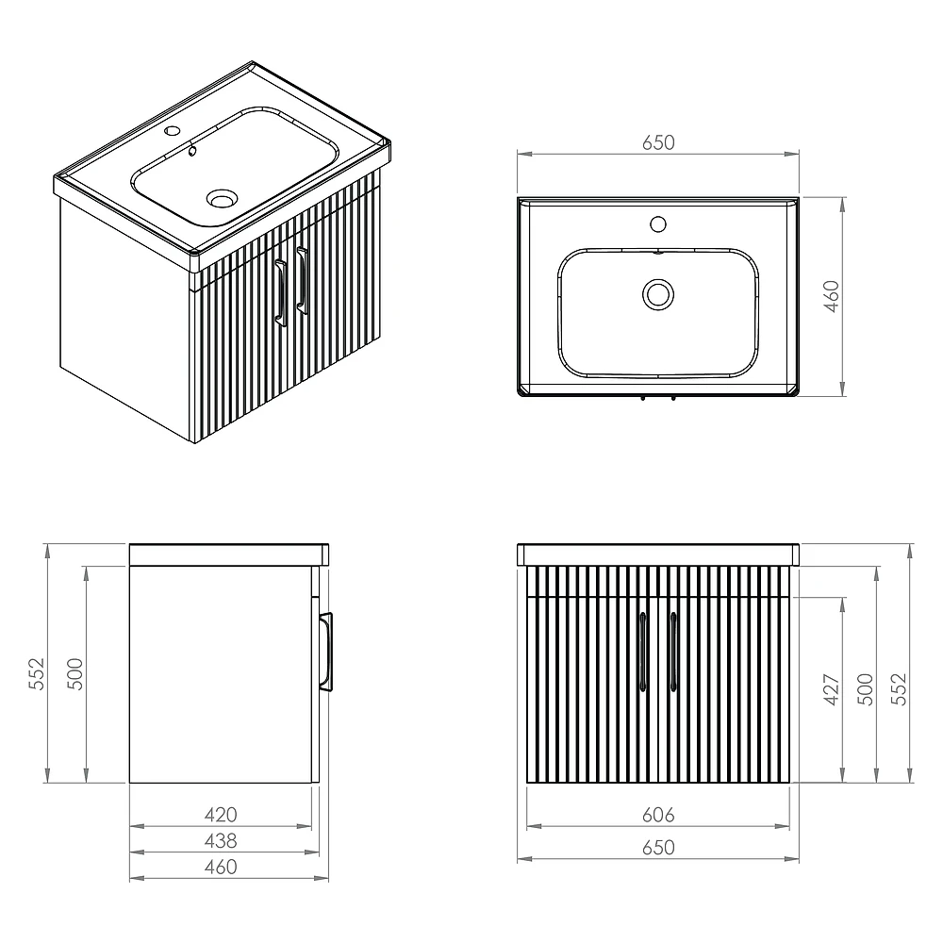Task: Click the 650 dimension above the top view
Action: (x=658, y=142)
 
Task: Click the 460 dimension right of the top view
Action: (x=831, y=296)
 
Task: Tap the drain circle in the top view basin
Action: (x=658, y=294)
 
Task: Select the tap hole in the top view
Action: (x=658, y=224)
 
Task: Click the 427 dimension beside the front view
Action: (x=831, y=690)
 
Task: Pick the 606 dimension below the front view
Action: (x=658, y=815)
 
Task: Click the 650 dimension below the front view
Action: (x=658, y=848)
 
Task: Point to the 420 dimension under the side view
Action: (x=221, y=815)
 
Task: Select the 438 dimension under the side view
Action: (x=221, y=841)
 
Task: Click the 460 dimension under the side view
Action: (x=221, y=867)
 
